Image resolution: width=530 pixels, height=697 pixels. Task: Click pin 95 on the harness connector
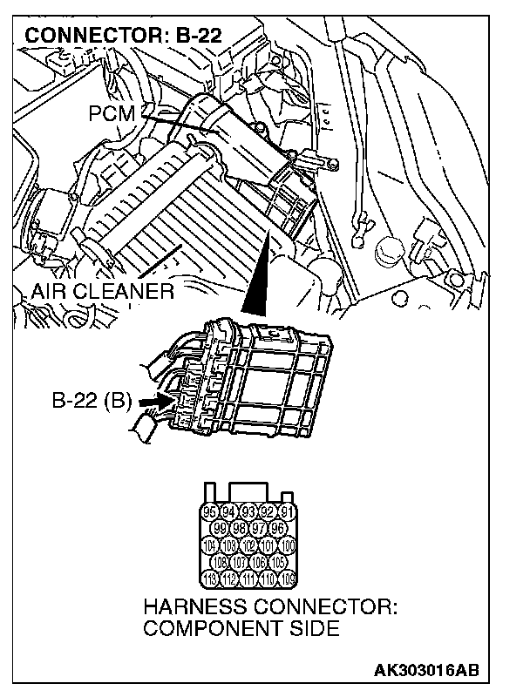coord(209,511)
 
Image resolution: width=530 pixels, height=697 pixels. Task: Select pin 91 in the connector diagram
coord(289,511)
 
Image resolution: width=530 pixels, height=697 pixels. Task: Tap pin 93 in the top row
coord(248,511)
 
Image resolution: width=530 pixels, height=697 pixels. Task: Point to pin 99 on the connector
coord(220,529)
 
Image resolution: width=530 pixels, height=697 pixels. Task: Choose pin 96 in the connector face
coord(279,529)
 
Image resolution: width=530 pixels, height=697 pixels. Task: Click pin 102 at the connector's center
coord(249,546)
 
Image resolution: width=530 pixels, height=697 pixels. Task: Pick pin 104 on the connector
coord(209,546)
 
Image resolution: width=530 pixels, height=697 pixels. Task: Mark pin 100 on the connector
coord(289,546)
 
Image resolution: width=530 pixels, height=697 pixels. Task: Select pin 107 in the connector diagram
coord(240,563)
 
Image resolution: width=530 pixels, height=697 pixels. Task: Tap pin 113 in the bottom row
coord(209,579)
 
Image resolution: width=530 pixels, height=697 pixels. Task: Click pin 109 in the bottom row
coord(289,579)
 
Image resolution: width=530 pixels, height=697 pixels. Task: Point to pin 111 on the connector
coord(249,579)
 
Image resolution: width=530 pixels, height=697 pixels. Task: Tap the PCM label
coord(111,112)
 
